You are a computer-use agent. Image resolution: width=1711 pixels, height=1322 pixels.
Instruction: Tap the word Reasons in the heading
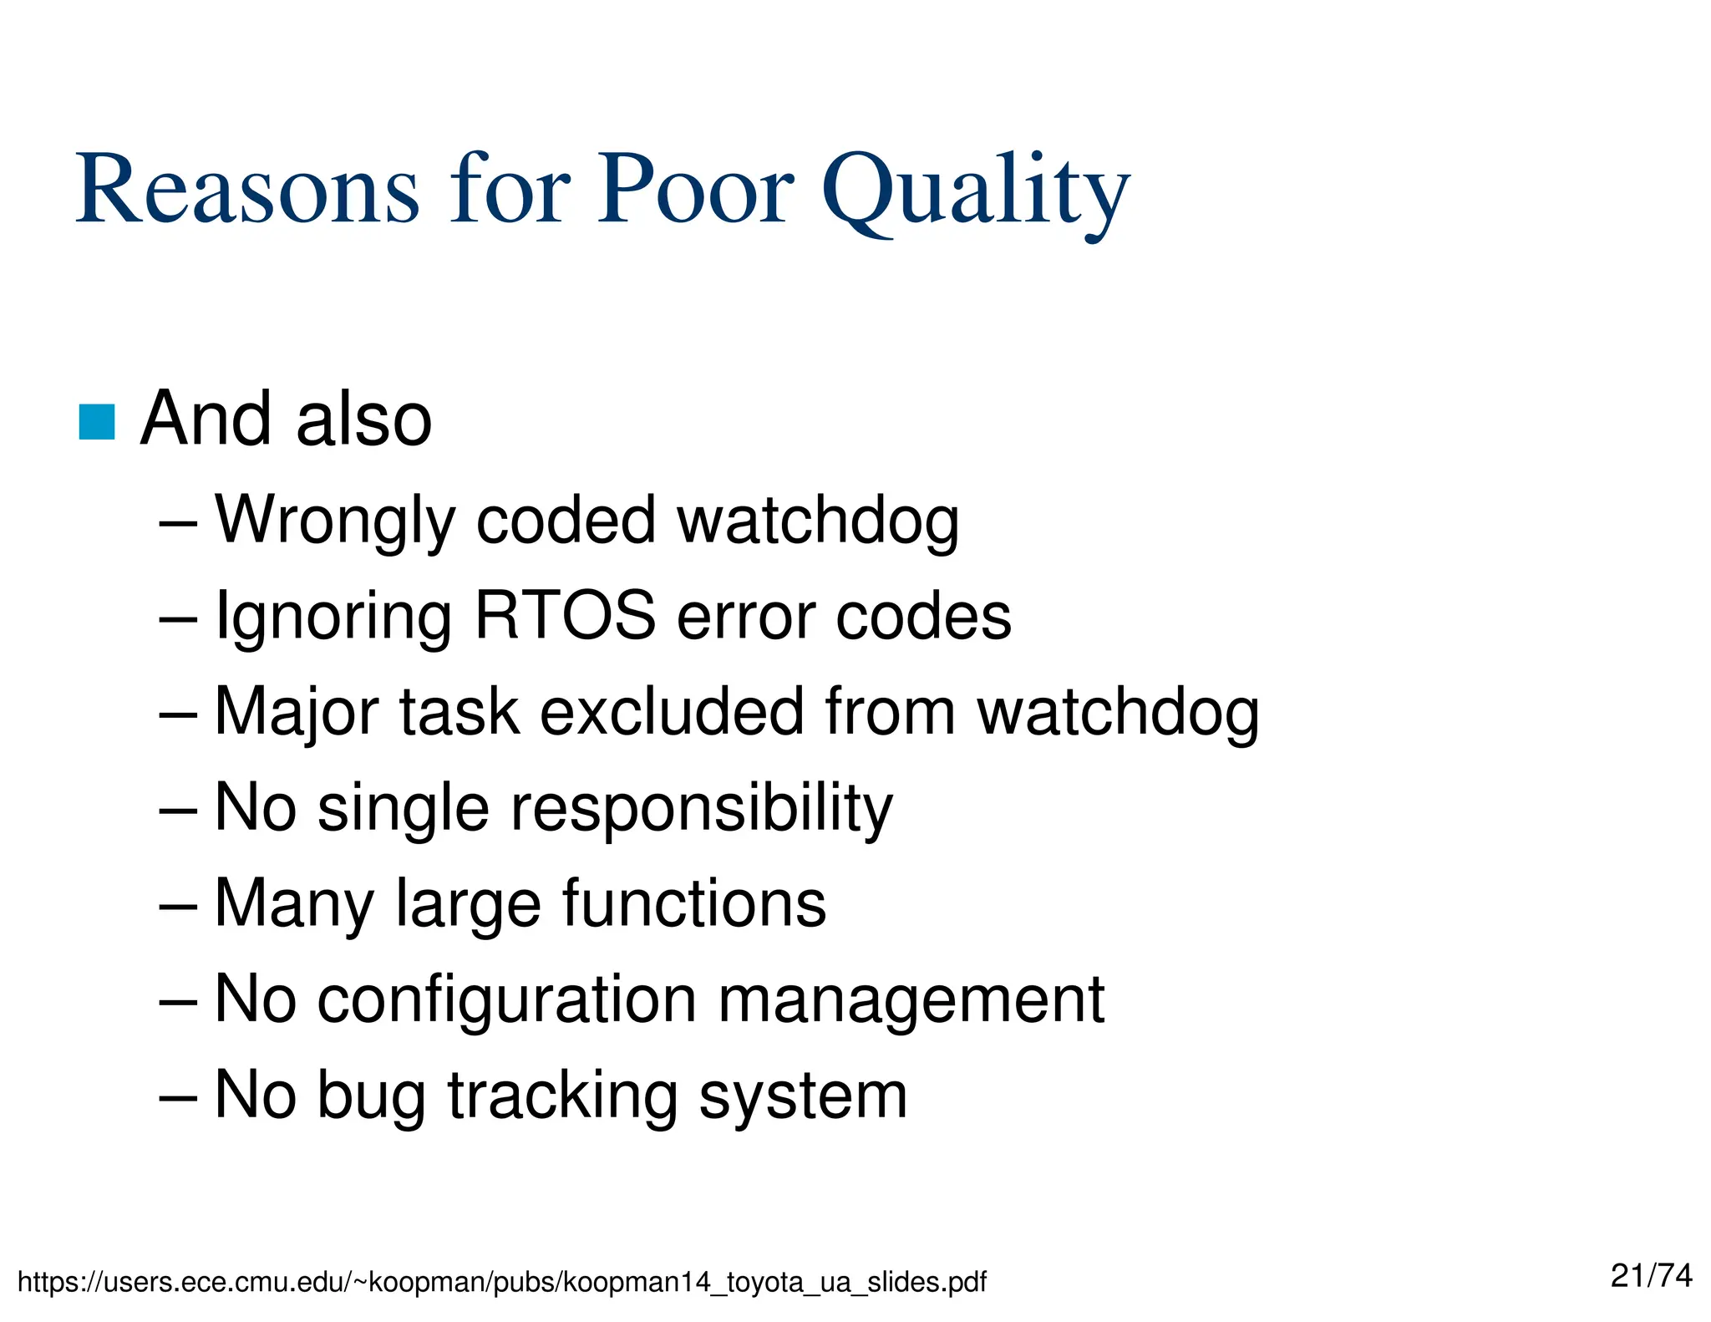(247, 191)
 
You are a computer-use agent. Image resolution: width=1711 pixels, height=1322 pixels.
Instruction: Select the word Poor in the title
(694, 191)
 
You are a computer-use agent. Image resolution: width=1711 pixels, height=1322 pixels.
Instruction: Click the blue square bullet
(96, 422)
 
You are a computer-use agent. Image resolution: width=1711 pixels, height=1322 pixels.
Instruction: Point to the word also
(363, 419)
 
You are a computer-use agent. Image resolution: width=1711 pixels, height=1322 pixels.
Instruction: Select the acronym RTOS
(565, 616)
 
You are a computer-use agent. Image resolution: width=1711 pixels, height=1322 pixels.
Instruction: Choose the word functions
(693, 903)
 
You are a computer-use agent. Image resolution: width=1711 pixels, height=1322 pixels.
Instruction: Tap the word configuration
(506, 1000)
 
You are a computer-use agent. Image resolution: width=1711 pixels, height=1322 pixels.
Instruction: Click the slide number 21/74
(1651, 1276)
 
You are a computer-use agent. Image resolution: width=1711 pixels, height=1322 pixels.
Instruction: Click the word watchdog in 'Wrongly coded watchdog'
(817, 521)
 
